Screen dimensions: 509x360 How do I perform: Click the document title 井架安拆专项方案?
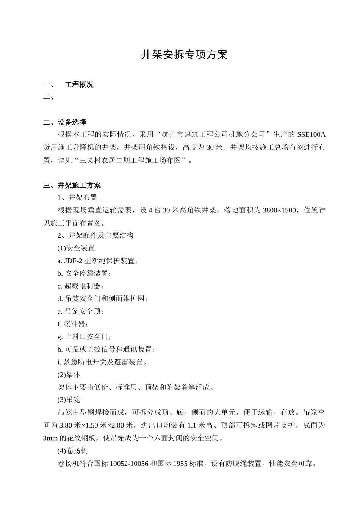(x=184, y=55)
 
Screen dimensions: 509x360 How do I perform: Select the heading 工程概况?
(x=79, y=85)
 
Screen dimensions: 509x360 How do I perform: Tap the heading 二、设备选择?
(x=65, y=122)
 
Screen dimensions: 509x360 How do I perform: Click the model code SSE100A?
(x=311, y=134)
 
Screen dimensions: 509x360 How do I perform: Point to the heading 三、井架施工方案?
(x=72, y=186)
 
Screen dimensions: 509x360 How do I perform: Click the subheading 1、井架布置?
(x=77, y=197)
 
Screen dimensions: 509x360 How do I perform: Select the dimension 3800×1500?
(x=279, y=210)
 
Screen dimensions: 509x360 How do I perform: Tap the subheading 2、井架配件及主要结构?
(x=95, y=236)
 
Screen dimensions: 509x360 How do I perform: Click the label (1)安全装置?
(x=76, y=248)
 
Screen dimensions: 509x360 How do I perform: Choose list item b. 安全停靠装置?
(x=85, y=273)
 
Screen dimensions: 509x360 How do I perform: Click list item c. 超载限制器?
(x=80, y=286)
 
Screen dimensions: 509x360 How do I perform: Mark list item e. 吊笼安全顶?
(x=80, y=312)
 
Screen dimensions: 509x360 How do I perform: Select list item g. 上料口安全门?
(x=84, y=337)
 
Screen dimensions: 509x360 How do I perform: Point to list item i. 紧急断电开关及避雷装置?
(x=102, y=362)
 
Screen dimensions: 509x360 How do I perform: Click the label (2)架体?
(x=69, y=375)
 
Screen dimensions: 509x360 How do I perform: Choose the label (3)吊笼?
(x=69, y=400)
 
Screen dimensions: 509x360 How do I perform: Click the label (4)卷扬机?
(x=72, y=451)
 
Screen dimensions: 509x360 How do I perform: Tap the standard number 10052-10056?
(x=129, y=464)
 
